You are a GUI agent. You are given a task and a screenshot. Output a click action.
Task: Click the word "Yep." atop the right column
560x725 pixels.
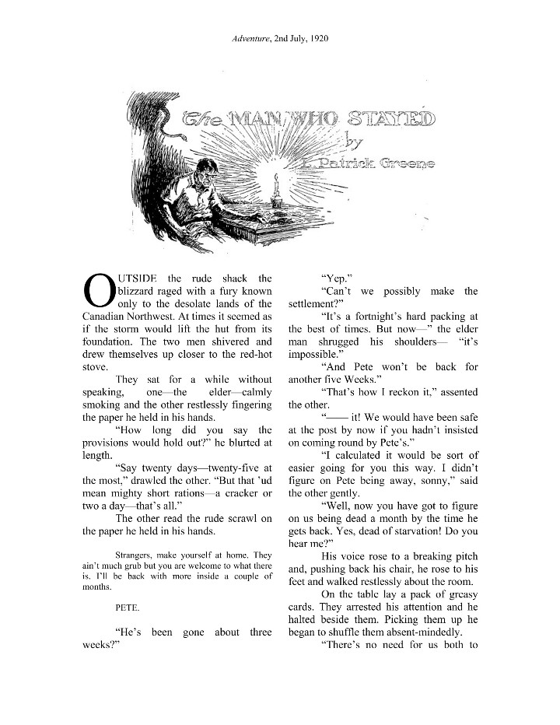click(x=336, y=278)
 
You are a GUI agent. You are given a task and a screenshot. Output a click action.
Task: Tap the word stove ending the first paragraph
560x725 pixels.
click(x=96, y=367)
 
